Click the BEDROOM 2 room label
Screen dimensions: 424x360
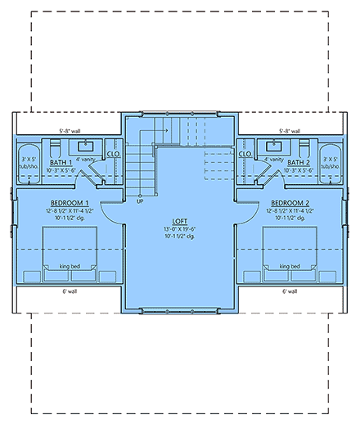290,202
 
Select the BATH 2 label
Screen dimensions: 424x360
297,162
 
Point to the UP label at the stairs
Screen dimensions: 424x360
140,200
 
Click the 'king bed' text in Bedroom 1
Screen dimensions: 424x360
70,265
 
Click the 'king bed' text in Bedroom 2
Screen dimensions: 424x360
289,265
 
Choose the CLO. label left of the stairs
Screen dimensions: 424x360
114,153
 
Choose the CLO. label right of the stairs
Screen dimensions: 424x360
245,153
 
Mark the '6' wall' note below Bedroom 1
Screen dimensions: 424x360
70,291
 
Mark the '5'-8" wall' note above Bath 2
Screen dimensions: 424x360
289,130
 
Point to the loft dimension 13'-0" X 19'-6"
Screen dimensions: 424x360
180,229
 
